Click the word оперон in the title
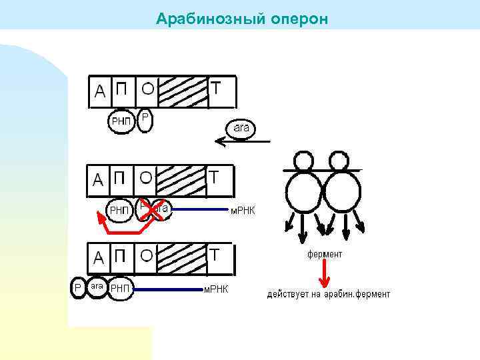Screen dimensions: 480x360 [x=300, y=18]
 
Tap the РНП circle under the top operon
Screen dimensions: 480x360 [x=121, y=121]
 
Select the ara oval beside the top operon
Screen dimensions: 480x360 [x=241, y=127]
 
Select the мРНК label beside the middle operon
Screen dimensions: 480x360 [x=243, y=211]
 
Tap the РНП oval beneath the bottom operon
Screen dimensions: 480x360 [x=121, y=288]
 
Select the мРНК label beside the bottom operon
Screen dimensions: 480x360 [x=215, y=289]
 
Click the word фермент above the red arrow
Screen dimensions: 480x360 [x=325, y=254]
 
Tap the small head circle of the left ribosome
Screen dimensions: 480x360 [x=304, y=161]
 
